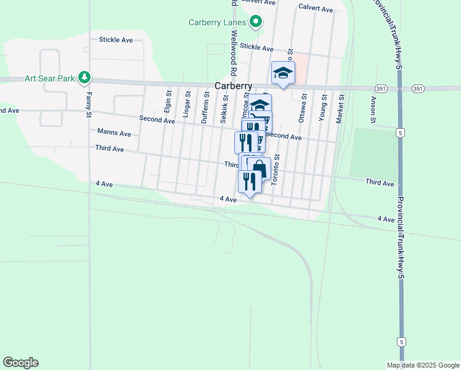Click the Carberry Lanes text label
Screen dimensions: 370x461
tap(218, 23)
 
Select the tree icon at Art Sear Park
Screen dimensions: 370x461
tap(84, 78)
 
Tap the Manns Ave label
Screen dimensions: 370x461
tap(115, 133)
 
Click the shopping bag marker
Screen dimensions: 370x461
tap(259, 168)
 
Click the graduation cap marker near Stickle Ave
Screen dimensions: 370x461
tap(284, 73)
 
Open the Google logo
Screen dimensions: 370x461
tap(20, 363)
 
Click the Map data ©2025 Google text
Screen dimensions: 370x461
tap(422, 364)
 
